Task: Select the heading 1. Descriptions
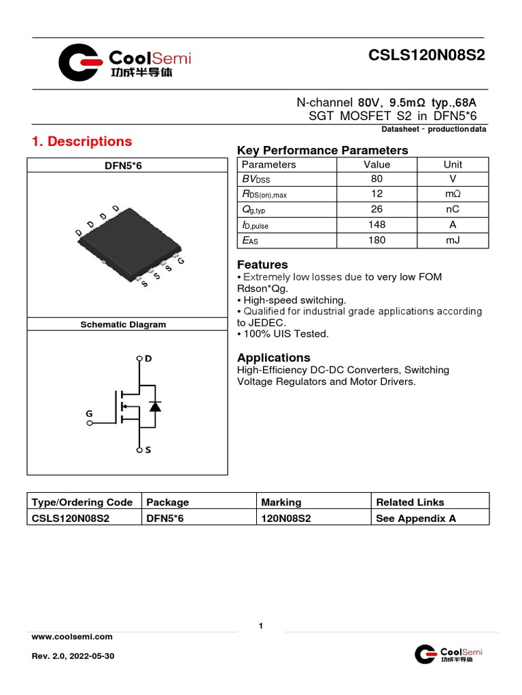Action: click(82, 142)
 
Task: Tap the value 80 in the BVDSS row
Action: click(377, 179)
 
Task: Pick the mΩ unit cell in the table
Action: click(452, 195)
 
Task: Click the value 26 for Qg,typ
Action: click(377, 210)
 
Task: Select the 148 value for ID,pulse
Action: click(377, 225)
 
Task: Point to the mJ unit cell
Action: click(452, 240)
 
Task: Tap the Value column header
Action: click(377, 164)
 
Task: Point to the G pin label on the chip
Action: click(181, 262)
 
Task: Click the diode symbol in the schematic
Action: click(155, 407)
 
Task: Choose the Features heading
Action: click(262, 265)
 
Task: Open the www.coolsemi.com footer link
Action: click(72, 637)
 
